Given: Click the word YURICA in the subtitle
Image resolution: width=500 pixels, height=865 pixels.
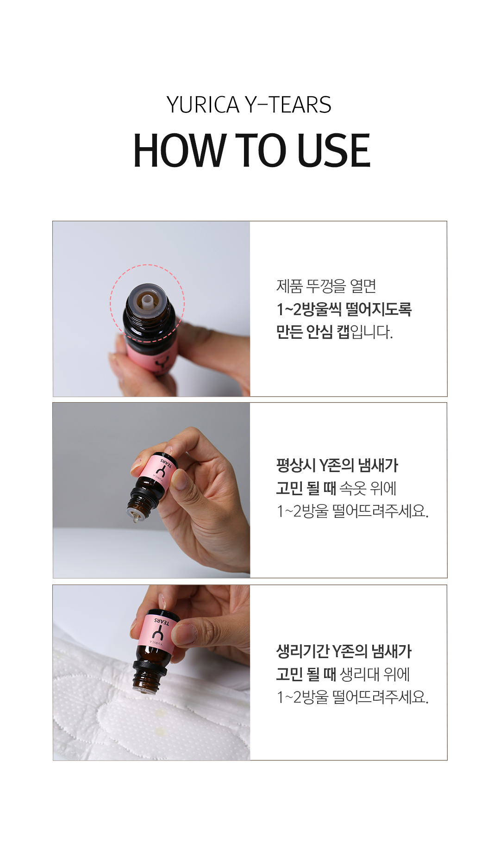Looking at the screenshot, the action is pos(203,105).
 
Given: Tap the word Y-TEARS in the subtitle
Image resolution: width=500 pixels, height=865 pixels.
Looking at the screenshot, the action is pos(288,105).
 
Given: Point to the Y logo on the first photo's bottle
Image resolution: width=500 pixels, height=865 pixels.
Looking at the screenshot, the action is pos(163,362).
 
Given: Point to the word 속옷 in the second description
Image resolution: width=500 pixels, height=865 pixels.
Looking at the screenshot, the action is pos(353,488).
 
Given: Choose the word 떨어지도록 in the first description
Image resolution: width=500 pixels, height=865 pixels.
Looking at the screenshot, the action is pos(378,309).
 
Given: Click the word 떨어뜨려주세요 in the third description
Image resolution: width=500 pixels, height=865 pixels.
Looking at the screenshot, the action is pos(381,697).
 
